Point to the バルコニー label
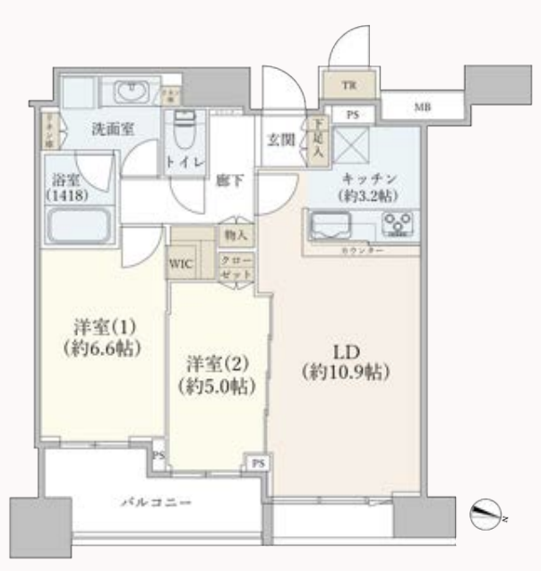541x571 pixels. click(156, 504)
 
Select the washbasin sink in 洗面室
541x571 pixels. click(132, 91)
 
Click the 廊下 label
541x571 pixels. click(229, 180)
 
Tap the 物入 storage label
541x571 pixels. click(237, 236)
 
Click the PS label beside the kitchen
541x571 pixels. click(353, 115)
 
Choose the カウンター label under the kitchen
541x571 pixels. click(363, 251)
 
